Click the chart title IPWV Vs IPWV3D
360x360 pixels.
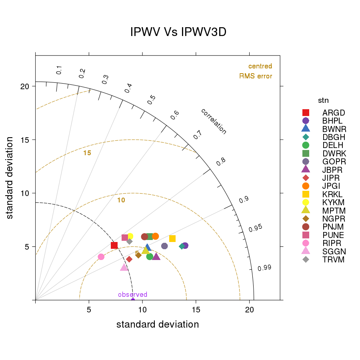point(178,32)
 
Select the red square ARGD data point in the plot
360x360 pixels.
point(114,245)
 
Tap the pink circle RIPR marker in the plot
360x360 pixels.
point(101,257)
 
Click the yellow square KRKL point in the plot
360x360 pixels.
point(172,238)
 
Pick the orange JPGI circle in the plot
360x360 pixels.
point(156,236)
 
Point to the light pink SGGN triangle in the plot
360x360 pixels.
point(124,267)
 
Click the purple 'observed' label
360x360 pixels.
point(132,295)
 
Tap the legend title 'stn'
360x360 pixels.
point(323,100)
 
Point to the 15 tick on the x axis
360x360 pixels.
point(196,310)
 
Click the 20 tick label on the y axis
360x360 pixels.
point(24,86)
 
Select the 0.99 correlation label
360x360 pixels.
point(264,268)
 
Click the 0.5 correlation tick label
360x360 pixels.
point(151,100)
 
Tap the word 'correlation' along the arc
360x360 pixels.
point(214,121)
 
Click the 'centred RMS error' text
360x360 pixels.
point(256,71)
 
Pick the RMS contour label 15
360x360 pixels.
point(87,153)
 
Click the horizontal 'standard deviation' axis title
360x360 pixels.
point(158,324)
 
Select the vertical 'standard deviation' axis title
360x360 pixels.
point(10,178)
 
